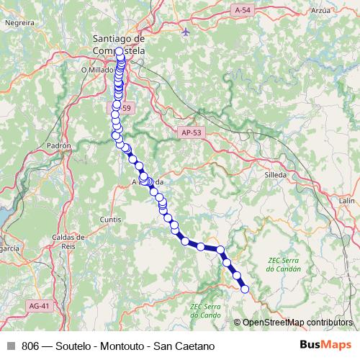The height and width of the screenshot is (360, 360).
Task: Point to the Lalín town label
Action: click(348, 200)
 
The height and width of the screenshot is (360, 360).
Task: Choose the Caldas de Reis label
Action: click(69, 240)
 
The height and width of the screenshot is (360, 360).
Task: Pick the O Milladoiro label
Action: click(96, 70)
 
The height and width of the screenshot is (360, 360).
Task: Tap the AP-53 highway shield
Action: click(191, 132)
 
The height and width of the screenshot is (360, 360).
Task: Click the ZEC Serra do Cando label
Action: click(206, 310)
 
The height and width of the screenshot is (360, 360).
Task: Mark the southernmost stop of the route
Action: click(245, 289)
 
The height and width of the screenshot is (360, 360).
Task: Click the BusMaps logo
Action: click(330, 344)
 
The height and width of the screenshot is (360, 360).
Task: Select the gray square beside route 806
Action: click(11, 345)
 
